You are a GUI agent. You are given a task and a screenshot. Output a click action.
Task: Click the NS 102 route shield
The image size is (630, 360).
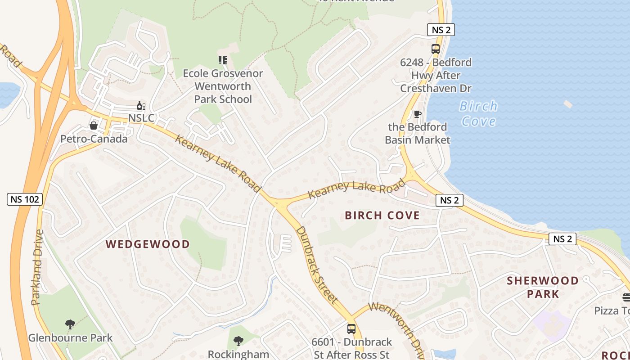coord(25,199)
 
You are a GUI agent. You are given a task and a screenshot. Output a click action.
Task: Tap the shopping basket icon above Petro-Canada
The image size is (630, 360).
coord(94,126)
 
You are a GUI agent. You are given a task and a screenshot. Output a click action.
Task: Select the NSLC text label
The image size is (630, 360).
coord(141,118)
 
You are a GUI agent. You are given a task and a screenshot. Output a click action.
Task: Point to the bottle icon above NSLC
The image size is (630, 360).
coord(141,106)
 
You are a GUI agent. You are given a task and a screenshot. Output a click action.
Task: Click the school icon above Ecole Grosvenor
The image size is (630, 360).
coord(223,60)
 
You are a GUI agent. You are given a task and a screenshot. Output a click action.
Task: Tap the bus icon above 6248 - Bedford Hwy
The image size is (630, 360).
coord(435,49)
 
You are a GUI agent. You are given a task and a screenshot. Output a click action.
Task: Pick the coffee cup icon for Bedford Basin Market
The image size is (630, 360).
coord(417,114)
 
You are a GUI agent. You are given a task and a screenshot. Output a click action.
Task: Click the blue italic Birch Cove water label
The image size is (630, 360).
coord(478,114)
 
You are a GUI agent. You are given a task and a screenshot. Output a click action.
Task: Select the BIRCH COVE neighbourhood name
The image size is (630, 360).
coord(382,216)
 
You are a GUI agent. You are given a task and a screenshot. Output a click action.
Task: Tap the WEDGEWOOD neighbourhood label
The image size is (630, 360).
coord(148,244)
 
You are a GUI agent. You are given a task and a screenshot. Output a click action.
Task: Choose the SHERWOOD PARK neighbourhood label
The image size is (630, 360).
coord(543,287)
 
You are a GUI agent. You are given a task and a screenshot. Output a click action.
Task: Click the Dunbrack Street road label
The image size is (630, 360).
coord(317,264)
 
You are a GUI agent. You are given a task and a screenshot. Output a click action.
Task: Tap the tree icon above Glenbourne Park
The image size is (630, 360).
coord(70,324)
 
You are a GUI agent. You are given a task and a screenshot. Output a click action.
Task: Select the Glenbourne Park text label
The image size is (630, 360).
coord(70,337)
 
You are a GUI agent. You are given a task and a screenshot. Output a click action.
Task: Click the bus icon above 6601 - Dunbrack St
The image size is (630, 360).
coord(351,329)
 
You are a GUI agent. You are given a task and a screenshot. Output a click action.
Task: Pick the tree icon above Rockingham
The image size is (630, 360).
coord(238,341)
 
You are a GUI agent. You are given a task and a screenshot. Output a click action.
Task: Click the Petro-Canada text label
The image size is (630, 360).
coord(94,139)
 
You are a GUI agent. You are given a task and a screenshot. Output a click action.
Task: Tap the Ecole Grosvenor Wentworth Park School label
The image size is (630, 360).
coord(223,86)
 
